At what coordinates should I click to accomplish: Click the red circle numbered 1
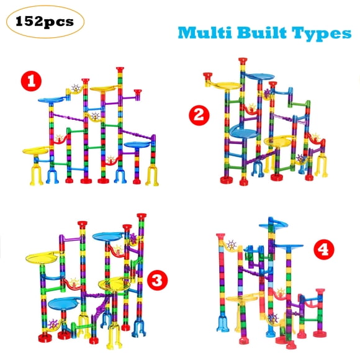coord(31,81)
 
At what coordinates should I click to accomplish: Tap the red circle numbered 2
coord(199,115)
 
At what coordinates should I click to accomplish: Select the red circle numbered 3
coord(157,280)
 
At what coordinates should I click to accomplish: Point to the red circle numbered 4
coord(324,250)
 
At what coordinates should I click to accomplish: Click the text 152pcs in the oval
coord(45,22)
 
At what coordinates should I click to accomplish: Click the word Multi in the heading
coord(205,33)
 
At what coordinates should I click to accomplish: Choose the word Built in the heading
coord(262,33)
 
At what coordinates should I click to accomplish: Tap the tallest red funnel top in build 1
coord(120,69)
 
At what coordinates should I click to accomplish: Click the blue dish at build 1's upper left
coord(52,100)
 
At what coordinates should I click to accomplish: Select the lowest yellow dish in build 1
coord(35,151)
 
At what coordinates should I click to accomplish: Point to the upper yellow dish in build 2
coord(227,86)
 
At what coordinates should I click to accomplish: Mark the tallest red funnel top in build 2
coord(243,61)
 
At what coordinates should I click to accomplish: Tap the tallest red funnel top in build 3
coord(142,216)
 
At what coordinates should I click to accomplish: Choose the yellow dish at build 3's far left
coord(42,258)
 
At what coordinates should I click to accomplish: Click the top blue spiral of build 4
coord(274,224)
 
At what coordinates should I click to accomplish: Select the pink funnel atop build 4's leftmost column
coord(220,236)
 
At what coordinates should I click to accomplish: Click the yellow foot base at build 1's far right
coord(152,176)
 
